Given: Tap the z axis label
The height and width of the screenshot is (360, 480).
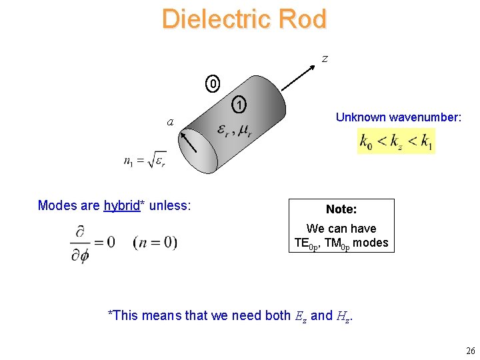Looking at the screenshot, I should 325,59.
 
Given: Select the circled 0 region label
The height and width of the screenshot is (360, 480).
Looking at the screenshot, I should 213,85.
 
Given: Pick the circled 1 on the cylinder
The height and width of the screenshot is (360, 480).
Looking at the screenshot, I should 239,105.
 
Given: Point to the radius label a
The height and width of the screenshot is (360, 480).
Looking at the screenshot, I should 171,122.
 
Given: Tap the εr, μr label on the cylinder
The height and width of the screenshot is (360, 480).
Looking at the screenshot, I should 234,131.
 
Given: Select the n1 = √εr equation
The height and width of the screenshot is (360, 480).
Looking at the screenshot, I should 145,161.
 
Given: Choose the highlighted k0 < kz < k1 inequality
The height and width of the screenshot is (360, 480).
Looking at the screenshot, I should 396,141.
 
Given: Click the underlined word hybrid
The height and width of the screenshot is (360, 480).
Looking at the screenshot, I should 123,205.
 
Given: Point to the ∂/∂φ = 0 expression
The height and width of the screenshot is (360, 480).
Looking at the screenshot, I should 92,241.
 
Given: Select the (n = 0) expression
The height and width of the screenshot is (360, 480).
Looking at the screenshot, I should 155,241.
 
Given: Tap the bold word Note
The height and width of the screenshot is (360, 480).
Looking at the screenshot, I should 341,209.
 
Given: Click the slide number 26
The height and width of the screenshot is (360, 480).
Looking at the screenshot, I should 470,351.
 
